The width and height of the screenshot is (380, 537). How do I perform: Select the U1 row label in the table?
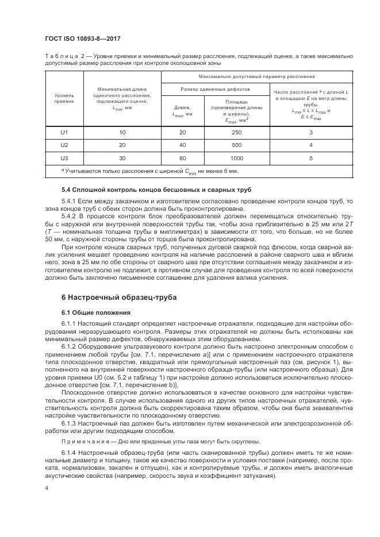pos(64,133)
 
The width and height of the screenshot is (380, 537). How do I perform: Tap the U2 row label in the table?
pos(64,145)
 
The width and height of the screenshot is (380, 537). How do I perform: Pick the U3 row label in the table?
pos(64,157)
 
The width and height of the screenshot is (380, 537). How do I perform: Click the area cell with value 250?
pos(236,133)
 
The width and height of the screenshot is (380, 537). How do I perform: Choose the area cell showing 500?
pos(236,145)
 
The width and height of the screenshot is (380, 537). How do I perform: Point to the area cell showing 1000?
pos(236,157)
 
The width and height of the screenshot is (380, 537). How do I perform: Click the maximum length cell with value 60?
pos(182,157)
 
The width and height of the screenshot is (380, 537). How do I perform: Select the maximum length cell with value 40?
pos(182,145)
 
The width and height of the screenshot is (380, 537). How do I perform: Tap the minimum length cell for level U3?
pos(122,157)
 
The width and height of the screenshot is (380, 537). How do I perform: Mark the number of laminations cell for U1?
pos(311,133)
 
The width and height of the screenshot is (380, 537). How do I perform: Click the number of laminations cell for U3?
pos(311,157)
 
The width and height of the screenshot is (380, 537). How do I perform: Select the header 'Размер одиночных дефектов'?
pos(216,90)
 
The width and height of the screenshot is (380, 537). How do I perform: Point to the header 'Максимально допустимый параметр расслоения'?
pos(256,76)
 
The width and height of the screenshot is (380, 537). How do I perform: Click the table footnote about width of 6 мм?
pos(149,171)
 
